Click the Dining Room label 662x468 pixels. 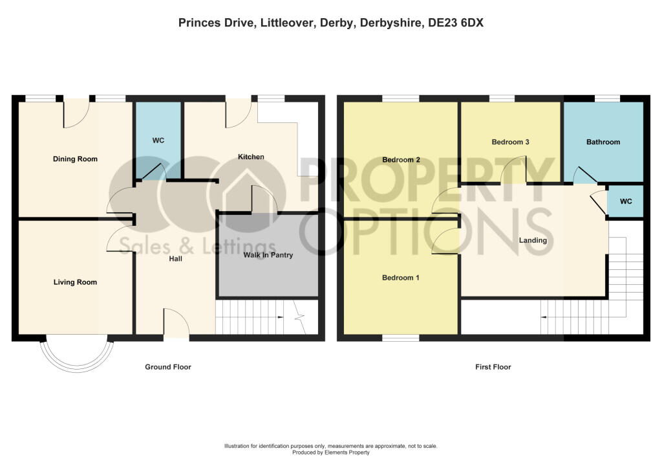click(75, 159)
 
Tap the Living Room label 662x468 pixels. click(75, 282)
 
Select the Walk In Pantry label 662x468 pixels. click(268, 255)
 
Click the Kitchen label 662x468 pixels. click(251, 157)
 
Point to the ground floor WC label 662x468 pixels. click(158, 140)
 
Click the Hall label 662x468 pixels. click(176, 258)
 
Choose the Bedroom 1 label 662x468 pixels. click(401, 278)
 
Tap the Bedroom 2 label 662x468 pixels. click(401, 160)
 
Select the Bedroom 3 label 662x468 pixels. click(511, 142)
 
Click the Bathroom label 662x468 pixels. click(603, 142)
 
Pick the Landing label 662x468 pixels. click(533, 240)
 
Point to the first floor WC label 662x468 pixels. click(626, 201)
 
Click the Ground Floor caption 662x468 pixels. click(168, 367)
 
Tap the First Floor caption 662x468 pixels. click(493, 367)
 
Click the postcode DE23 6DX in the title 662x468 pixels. click(456, 23)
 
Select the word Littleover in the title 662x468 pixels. click(286, 23)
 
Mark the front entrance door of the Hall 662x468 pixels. click(176, 324)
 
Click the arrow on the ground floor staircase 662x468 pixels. click(279, 317)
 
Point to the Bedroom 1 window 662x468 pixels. click(401, 338)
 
